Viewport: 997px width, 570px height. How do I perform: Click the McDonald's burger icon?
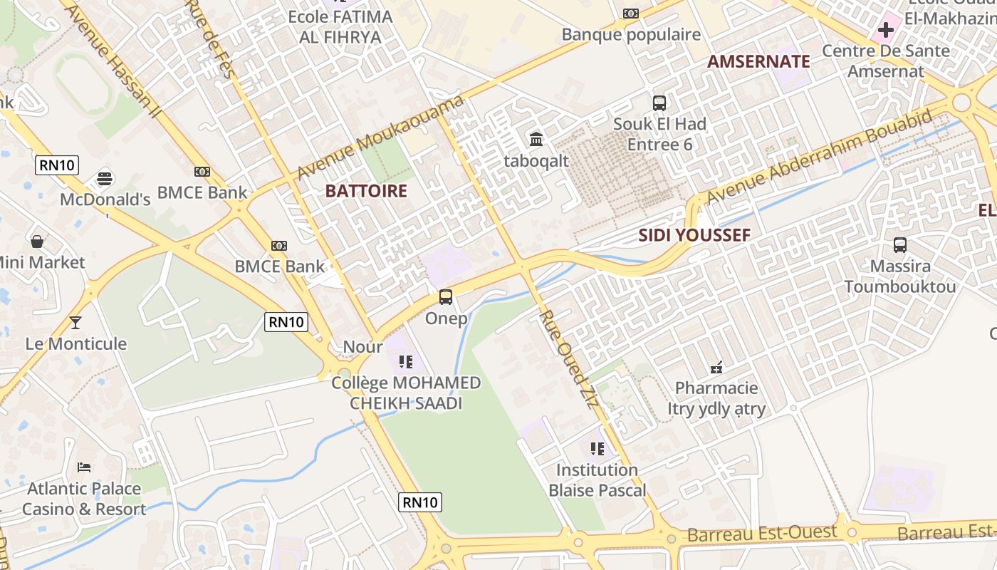(105, 178)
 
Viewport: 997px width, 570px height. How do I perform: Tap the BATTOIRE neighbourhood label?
(366, 191)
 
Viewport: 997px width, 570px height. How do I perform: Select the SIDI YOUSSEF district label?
(694, 235)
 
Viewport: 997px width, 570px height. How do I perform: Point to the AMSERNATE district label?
(758, 62)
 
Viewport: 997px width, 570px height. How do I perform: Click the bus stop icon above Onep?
(446, 297)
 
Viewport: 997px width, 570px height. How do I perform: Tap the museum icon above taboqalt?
(536, 139)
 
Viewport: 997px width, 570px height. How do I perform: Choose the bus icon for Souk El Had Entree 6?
(659, 103)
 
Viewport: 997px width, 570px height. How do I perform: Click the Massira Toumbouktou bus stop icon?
(900, 245)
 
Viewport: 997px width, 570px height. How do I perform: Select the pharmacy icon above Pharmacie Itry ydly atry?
(716, 368)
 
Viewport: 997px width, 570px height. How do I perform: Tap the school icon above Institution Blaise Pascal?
(597, 449)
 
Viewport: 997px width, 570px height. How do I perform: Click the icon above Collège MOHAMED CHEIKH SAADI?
(406, 362)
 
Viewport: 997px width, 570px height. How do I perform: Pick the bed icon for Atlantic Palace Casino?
(84, 467)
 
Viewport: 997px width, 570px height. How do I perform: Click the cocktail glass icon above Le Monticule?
(75, 323)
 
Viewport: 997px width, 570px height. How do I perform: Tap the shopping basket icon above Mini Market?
(37, 242)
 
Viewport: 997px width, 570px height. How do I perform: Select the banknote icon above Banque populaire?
(631, 14)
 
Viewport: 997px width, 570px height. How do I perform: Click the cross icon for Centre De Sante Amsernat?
(886, 30)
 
